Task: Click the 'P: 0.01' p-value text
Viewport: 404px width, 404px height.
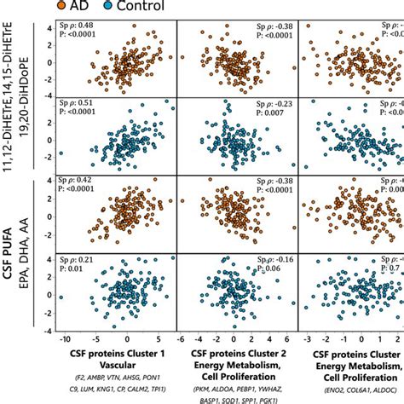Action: click(x=71, y=268)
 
